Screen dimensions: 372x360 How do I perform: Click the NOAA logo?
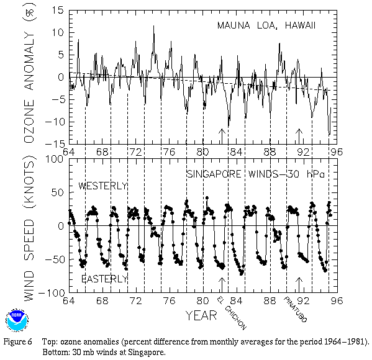click(17, 320)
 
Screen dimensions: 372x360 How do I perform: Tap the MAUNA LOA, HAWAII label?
click(266, 25)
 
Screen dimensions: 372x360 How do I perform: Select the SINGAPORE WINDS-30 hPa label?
click(255, 174)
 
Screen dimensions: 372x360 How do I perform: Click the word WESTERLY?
click(103, 186)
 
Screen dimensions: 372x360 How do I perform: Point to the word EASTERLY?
click(104, 279)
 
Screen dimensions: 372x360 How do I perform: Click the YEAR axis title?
click(201, 316)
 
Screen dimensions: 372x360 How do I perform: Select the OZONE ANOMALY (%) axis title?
click(29, 73)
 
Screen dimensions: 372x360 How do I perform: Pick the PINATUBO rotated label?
click(296, 310)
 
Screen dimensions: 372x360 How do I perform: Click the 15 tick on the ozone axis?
click(58, 11)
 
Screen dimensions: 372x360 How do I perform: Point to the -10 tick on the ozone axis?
click(54, 122)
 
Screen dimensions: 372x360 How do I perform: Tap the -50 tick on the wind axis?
click(55, 259)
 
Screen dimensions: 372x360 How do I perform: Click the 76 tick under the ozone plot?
click(169, 152)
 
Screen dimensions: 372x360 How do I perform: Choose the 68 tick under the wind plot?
click(102, 300)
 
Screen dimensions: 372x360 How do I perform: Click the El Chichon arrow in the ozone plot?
click(222, 137)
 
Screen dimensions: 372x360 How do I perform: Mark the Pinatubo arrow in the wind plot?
click(299, 285)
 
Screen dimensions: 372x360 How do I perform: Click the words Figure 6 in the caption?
click(17, 342)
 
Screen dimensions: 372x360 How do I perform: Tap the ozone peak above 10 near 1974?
click(154, 27)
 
